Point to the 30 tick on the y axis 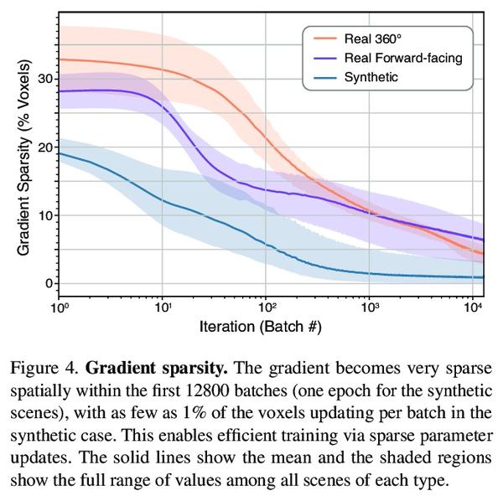coord(44,79)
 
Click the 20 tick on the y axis coord(44,147)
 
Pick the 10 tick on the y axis coord(44,215)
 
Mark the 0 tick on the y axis coord(49,284)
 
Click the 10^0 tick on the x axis coord(59,307)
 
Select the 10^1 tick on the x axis coord(163,307)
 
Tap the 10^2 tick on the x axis coord(267,307)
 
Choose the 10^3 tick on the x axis coord(370,307)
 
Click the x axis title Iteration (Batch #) coord(261,325)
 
